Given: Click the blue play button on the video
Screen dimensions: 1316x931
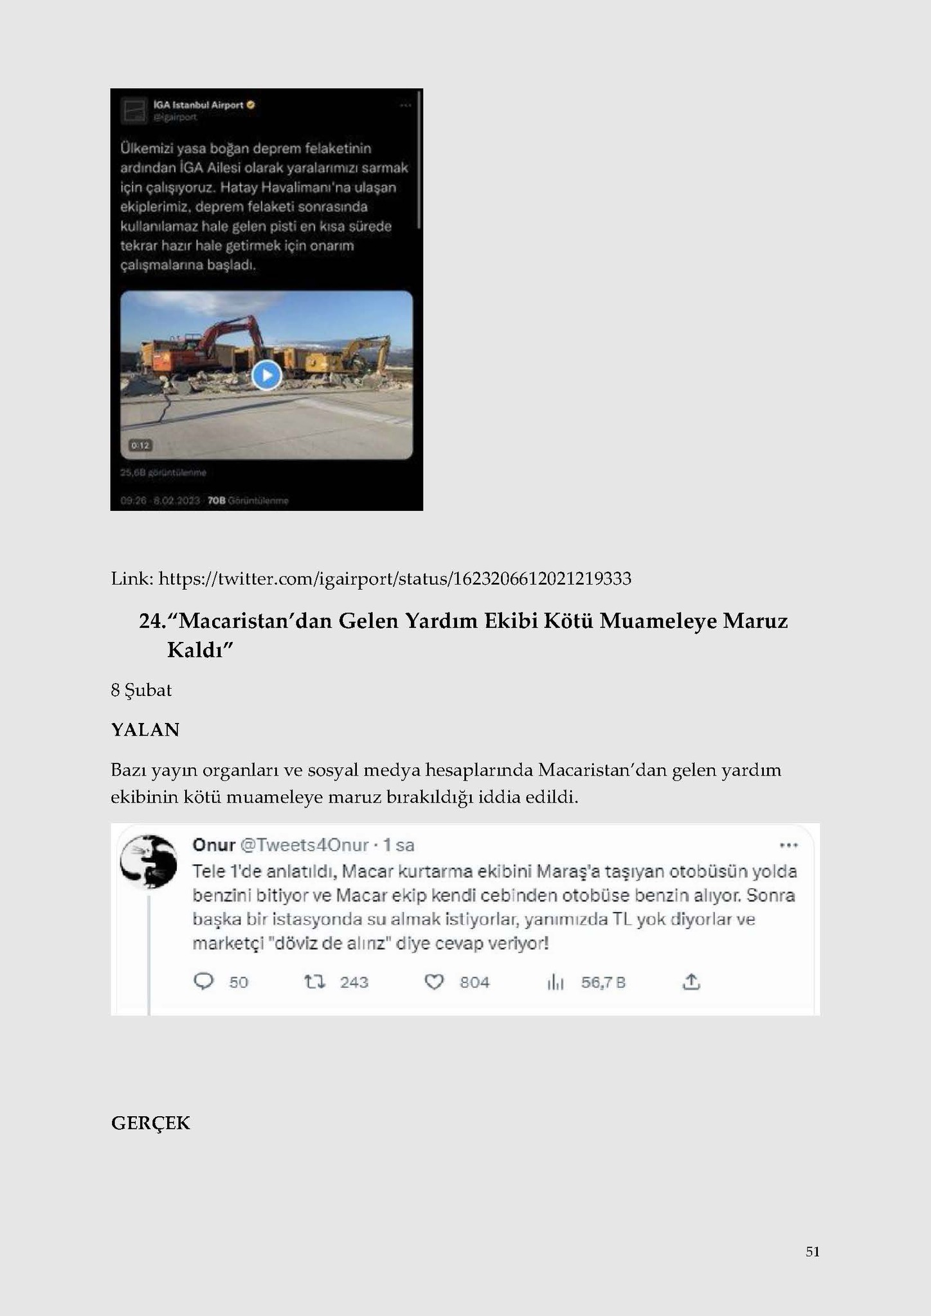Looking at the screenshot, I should [266, 375].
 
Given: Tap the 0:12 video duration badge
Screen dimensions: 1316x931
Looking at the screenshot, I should [140, 445].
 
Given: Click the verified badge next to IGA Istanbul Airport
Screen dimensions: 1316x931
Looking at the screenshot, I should [251, 105].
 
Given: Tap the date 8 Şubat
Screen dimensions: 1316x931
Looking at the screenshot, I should [141, 690].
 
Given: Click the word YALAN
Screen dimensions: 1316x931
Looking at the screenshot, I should [145, 730].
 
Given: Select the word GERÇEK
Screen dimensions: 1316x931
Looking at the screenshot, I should [150, 1123].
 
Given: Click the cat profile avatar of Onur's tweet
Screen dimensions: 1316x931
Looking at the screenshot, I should [149, 862].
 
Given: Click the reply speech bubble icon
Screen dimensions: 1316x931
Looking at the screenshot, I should [203, 982].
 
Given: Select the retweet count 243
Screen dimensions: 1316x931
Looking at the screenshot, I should [354, 982].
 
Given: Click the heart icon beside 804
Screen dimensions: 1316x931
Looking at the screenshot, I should [435, 982].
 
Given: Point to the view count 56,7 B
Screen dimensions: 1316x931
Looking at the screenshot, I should [603, 982].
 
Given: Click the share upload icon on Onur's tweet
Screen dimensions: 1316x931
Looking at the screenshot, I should [691, 981].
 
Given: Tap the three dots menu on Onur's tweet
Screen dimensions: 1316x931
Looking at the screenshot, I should [788, 845].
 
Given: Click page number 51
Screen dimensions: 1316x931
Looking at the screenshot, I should [812, 1251].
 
